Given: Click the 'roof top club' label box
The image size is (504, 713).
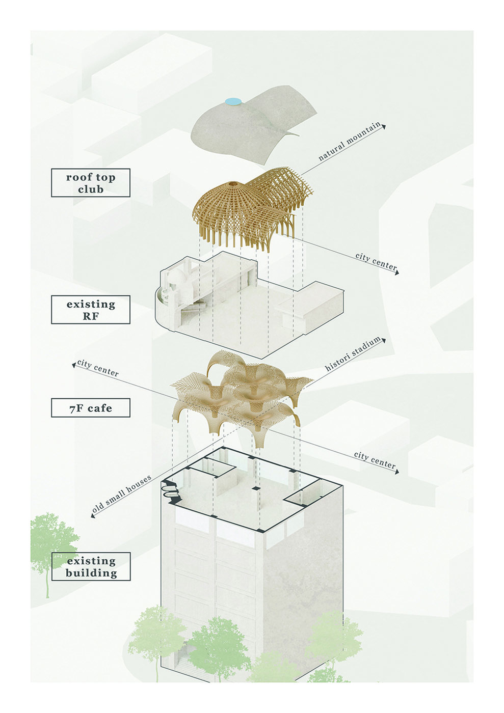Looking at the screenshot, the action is pos(91,183).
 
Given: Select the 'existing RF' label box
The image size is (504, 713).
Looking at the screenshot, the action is pos(91,310).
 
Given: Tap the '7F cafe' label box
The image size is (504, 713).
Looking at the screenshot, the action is pos(91,408).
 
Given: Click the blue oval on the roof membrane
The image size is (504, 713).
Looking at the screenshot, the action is pos(233,101).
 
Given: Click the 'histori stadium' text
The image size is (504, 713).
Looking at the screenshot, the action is pos(353,354).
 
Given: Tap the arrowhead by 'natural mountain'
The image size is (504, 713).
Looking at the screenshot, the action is pos(384,126).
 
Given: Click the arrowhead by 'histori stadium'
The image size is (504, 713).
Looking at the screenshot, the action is pos(384,341).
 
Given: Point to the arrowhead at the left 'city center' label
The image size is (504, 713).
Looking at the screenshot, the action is pos(74,366).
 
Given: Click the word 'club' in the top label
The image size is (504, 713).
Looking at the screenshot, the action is pos(91,189).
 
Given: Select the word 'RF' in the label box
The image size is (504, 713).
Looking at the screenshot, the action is pos(91,316).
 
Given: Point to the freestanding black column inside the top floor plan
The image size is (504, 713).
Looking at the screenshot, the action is pos(255,488).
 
